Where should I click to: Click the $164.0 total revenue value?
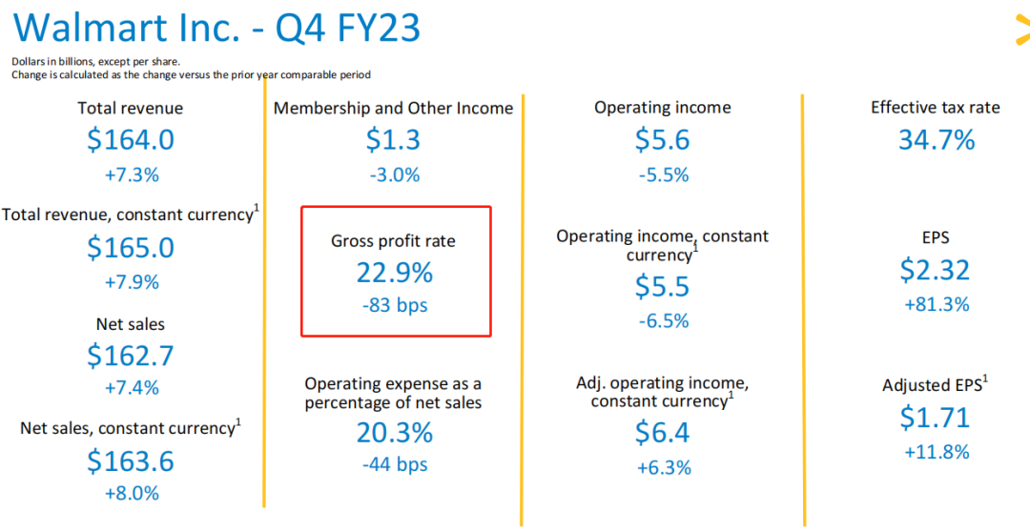tap(131, 140)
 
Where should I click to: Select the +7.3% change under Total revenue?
tap(131, 175)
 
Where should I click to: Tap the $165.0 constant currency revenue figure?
tap(131, 248)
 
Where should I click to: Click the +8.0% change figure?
tap(131, 494)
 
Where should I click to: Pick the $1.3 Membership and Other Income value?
tap(393, 140)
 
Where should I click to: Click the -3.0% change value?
tap(393, 175)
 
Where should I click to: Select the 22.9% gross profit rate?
tap(395, 273)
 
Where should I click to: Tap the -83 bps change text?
tap(395, 306)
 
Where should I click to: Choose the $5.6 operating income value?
tap(663, 140)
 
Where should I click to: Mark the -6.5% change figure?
tap(663, 321)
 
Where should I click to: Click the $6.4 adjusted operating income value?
tap(663, 433)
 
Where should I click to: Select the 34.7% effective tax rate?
tap(937, 140)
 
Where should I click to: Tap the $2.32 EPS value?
tap(935, 270)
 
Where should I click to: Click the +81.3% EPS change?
tap(935, 304)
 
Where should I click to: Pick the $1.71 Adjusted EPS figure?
tap(935, 418)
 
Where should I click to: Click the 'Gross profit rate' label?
tap(393, 241)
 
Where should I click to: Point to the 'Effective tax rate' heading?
tap(935, 108)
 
